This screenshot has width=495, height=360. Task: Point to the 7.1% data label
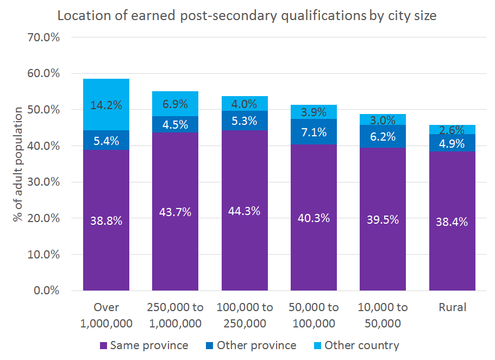(x=314, y=133)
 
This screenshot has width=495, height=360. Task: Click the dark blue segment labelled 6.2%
(x=383, y=136)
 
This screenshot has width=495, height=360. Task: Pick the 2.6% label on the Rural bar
(x=452, y=130)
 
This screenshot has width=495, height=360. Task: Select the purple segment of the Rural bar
(x=452, y=221)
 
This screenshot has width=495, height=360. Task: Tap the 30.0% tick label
(x=45, y=182)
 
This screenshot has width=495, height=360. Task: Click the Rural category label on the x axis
(x=452, y=307)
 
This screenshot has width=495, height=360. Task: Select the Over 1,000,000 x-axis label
(x=106, y=315)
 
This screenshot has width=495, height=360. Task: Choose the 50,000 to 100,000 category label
(x=314, y=315)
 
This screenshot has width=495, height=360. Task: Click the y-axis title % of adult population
(x=18, y=164)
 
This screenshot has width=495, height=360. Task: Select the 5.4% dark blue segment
(x=106, y=140)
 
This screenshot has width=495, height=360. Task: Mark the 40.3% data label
(x=314, y=218)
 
